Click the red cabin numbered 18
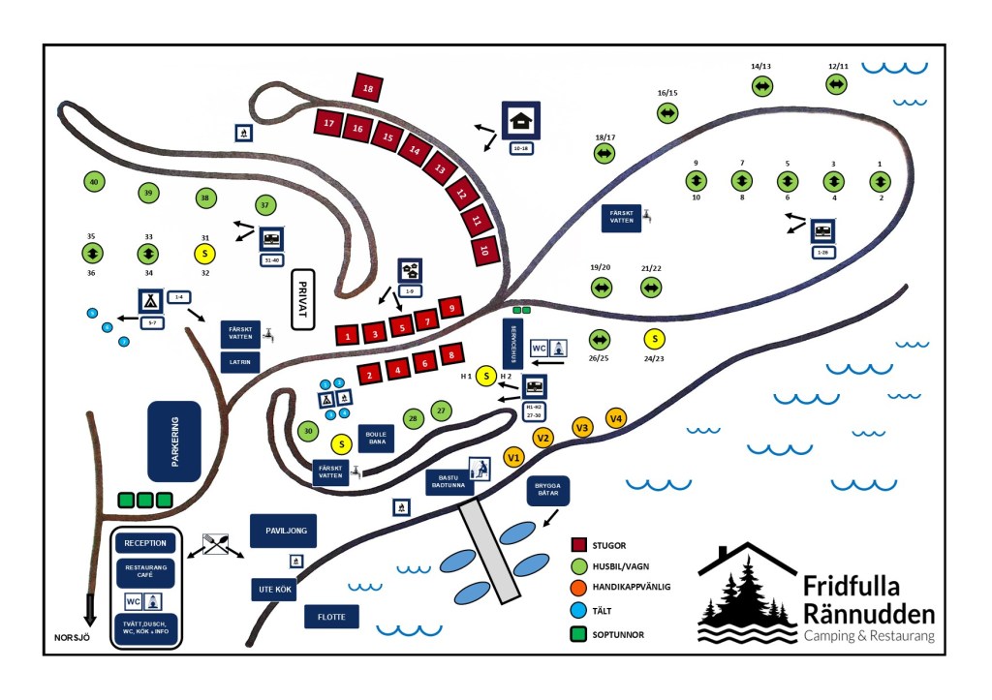coord(368,89)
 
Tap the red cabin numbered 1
coord(347,335)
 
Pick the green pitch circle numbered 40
coord(94,182)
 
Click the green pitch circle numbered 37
coord(265,205)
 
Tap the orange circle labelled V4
coord(616,418)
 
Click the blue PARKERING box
coord(174,441)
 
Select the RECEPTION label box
coord(146,543)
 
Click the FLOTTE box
coord(331,616)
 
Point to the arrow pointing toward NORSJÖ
coord(91,609)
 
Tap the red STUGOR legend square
coord(580,545)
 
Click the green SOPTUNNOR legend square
coord(580,635)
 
